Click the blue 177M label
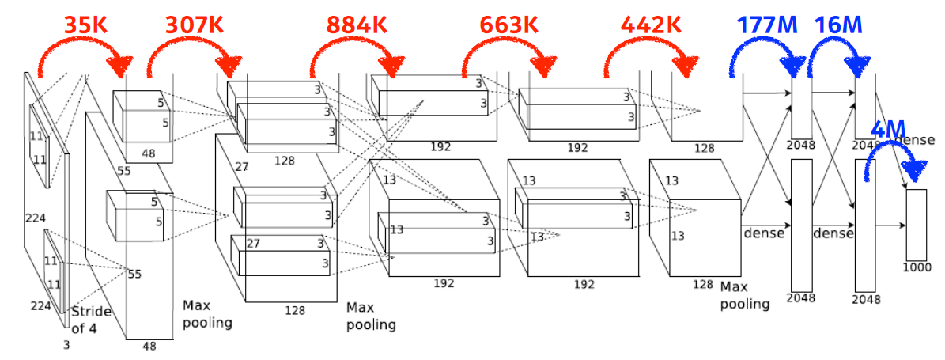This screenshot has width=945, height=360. (x=767, y=25)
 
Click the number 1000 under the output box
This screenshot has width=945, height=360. (x=916, y=267)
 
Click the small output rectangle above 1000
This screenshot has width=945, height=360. (x=916, y=225)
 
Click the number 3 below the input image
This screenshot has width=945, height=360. (x=66, y=344)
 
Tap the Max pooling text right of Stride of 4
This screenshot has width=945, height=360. (x=207, y=313)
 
